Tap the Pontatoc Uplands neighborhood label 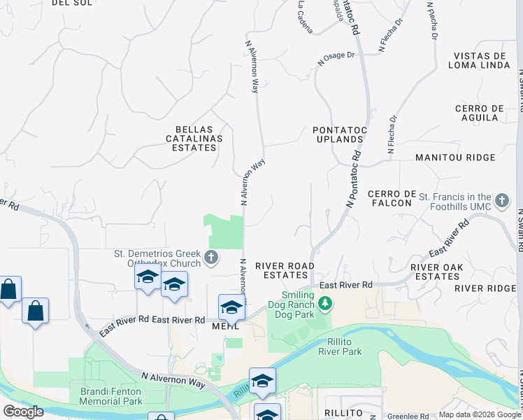(338, 134)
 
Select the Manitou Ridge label (455, 158)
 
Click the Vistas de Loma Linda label (480, 61)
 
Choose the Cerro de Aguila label (480, 113)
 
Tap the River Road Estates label (285, 270)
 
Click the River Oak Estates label (437, 272)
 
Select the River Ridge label (485, 288)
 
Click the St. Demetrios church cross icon (211, 258)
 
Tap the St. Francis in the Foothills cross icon (501, 202)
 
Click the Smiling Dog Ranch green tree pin (324, 304)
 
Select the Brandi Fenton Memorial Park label (110, 396)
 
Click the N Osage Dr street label (336, 58)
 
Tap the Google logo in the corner (23, 411)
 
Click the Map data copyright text (480, 414)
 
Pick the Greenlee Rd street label (408, 415)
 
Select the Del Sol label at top (71, 2)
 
